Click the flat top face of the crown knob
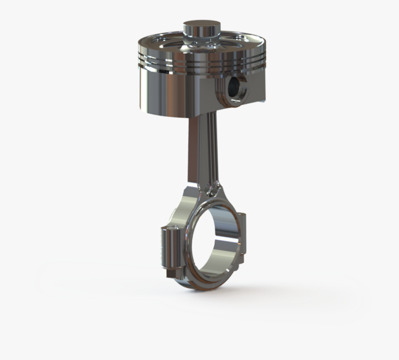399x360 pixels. [201, 24]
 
